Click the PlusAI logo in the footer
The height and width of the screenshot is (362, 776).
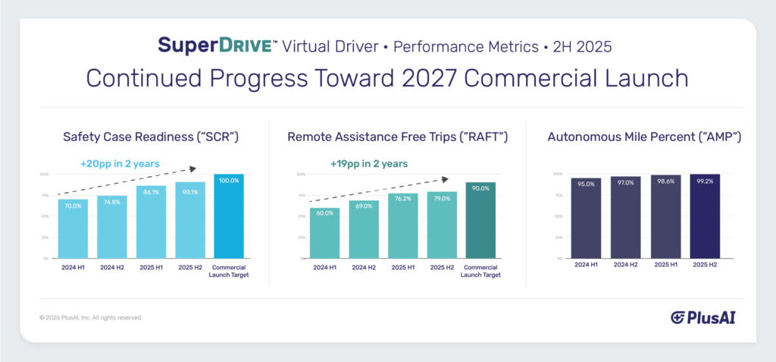coord(702,317)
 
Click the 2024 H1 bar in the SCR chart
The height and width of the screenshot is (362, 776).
coord(73,228)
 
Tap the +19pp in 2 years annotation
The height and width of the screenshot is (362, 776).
coord(369,163)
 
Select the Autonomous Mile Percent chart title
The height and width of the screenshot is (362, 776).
coord(643,137)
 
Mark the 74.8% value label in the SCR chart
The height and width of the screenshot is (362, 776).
coord(111,201)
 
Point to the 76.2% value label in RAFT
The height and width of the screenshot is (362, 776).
coord(402,200)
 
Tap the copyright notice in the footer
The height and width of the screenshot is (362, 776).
coord(90,317)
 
